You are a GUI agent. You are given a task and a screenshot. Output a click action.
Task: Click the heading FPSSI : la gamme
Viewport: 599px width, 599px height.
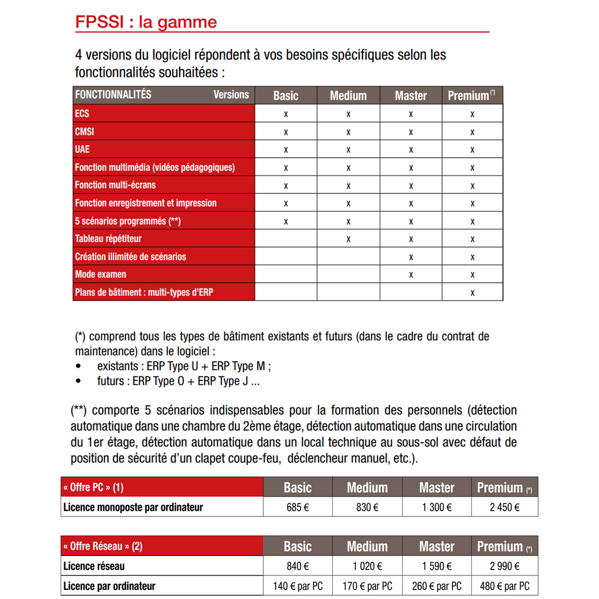point(146,22)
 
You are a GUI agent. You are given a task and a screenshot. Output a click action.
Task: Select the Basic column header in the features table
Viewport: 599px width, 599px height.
point(286,95)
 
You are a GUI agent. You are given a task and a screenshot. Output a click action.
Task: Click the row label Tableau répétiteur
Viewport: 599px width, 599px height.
point(108,239)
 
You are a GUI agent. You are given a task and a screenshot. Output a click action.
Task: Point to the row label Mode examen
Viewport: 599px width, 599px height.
point(100,274)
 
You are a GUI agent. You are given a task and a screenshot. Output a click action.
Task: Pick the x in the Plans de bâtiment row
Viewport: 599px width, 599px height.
point(472,293)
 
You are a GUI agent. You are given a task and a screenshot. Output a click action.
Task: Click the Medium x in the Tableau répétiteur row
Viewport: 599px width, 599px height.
point(348,239)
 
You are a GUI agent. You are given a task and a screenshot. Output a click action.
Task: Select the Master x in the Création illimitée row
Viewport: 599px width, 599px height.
point(411,257)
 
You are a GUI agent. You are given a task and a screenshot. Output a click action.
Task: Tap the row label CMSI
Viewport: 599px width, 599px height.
point(84,132)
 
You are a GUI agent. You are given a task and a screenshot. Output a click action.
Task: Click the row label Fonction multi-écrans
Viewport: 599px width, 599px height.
point(115,185)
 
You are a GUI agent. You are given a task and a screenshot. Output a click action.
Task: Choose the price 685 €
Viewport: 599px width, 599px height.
point(298,507)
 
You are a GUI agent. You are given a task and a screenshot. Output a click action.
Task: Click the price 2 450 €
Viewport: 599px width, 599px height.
point(504,507)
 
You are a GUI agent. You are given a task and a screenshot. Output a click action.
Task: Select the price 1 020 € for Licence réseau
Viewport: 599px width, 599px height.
point(367,566)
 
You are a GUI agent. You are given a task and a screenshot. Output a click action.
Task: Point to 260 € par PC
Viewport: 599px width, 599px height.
point(437,586)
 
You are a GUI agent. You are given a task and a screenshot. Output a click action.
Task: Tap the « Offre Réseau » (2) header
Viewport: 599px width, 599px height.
point(103,546)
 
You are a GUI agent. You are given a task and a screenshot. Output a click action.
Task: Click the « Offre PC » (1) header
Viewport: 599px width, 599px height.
point(93,487)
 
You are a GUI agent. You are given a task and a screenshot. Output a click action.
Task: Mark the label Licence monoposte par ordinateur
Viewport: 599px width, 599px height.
point(133,507)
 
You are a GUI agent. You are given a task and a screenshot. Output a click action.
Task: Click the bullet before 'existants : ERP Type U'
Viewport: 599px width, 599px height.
point(78,366)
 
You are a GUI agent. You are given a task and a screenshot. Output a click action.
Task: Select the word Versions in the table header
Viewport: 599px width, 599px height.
point(231,95)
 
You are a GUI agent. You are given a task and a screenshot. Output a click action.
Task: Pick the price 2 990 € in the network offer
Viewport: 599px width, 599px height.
point(504,566)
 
